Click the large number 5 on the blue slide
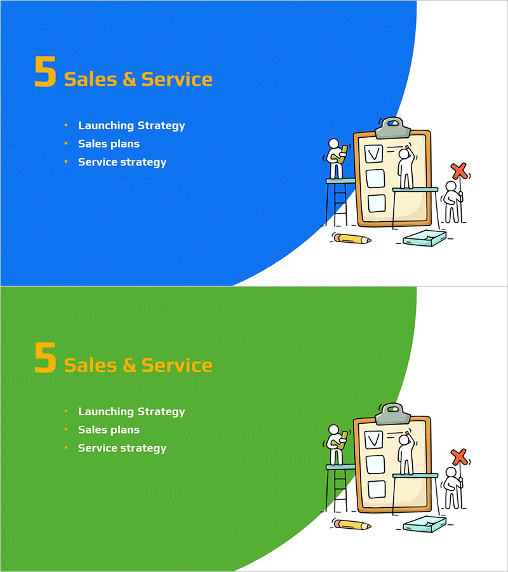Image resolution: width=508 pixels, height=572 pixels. [x=45, y=72]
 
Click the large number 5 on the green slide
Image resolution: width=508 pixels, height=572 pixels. [x=45, y=358]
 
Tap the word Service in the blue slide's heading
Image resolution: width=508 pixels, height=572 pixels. [x=177, y=79]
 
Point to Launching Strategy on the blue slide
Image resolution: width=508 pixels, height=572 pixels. [x=131, y=126]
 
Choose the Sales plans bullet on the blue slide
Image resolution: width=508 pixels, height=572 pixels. [x=109, y=144]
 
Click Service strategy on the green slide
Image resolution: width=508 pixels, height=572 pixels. [x=122, y=448]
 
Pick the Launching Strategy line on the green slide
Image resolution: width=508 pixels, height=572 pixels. [x=131, y=412]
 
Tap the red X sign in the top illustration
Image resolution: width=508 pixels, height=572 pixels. [x=459, y=170]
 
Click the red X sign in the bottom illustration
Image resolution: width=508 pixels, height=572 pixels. [x=459, y=456]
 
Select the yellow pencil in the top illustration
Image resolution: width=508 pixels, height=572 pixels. [x=352, y=239]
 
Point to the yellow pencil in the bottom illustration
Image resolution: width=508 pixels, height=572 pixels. [x=352, y=525]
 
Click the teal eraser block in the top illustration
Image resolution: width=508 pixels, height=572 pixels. [x=425, y=238]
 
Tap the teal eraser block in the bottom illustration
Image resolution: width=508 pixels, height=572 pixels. [x=425, y=524]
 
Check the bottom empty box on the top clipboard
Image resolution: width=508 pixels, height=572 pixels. [x=377, y=203]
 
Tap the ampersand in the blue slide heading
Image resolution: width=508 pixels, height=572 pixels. [x=130, y=79]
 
